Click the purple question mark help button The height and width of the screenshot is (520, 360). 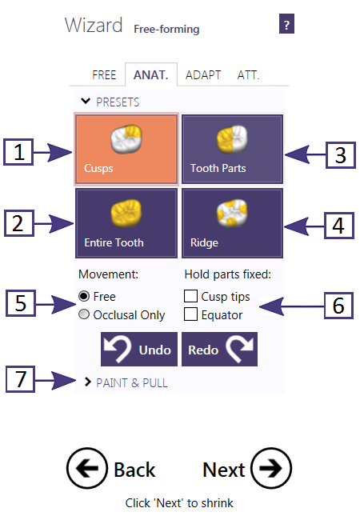click(x=286, y=23)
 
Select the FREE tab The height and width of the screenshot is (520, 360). click(x=104, y=75)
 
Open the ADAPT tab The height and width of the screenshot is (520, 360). click(x=203, y=75)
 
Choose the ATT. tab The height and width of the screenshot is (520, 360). click(x=248, y=75)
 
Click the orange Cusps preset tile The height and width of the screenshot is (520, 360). click(x=126, y=149)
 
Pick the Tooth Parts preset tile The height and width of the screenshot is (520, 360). click(x=232, y=149)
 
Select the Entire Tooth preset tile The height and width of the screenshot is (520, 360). click(x=126, y=223)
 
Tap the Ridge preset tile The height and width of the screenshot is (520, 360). click(x=232, y=223)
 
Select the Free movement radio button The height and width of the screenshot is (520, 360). click(x=84, y=296)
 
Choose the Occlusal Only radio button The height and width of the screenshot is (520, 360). click(x=84, y=314)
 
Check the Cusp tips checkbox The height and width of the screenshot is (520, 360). click(x=190, y=296)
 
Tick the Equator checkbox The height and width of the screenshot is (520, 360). click(x=190, y=314)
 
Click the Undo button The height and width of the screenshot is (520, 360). click(x=139, y=350)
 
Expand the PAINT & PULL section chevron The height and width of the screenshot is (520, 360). click(x=87, y=382)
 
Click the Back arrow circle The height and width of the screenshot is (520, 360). click(x=87, y=468)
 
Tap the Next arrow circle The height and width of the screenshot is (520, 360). click(x=271, y=468)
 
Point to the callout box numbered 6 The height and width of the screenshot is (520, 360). click(x=338, y=306)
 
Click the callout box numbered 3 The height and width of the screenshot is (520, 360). click(x=341, y=155)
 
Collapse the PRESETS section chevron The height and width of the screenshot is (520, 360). click(x=86, y=101)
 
